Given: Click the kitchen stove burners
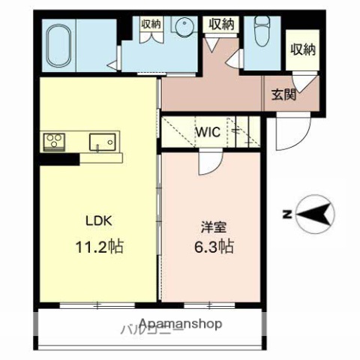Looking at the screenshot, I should click(x=54, y=140).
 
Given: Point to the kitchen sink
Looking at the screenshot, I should click(x=100, y=140).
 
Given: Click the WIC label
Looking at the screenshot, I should click(x=208, y=133).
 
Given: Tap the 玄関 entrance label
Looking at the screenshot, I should click(x=283, y=95).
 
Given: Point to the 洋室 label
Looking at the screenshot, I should click(x=211, y=223).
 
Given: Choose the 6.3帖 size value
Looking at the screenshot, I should click(x=211, y=245).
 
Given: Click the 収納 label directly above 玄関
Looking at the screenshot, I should click(x=302, y=49).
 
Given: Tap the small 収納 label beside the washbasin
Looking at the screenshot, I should click(x=151, y=24).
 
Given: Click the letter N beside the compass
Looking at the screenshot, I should click(x=286, y=216).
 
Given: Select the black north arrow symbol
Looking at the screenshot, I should click(x=314, y=215).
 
